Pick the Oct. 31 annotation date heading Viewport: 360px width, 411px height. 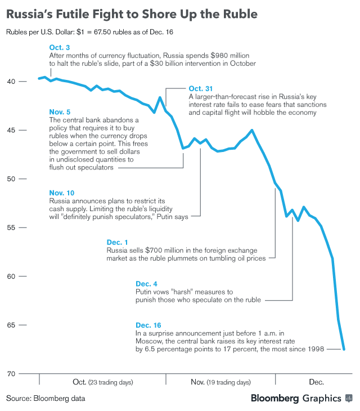(201, 88)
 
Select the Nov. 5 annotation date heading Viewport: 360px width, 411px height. (60, 111)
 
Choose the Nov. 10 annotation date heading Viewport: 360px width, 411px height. (62, 193)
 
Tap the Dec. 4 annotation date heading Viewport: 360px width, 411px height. (147, 284)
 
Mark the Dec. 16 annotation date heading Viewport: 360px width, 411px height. (148, 325)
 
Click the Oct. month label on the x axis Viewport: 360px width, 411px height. (80, 382)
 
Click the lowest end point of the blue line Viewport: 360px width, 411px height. (344, 350)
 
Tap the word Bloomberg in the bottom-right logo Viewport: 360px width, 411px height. (275, 398)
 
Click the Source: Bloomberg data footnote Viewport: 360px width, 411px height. (46, 398)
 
